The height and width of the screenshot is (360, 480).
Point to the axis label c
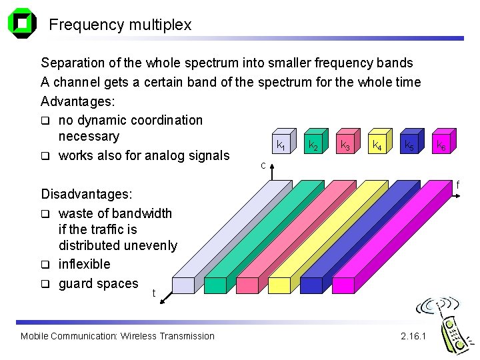[x=263, y=165]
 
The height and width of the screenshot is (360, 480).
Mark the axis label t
[x=154, y=293]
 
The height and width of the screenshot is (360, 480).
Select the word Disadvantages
[x=86, y=195]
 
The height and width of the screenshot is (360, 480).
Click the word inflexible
[x=84, y=265]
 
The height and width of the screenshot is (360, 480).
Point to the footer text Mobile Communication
[x=67, y=336]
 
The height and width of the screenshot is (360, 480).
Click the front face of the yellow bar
[x=280, y=285]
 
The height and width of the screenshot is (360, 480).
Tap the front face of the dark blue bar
[x=311, y=285]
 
